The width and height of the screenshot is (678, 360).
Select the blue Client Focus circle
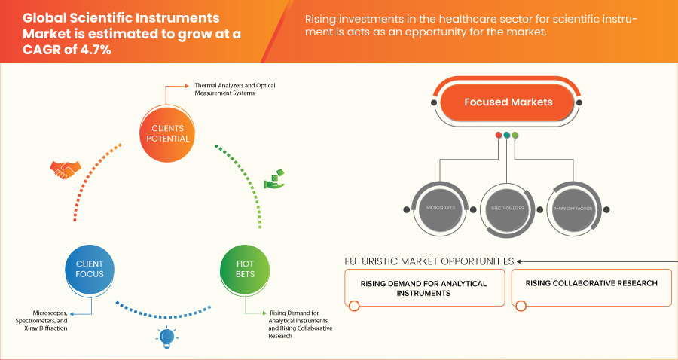tap(90, 269)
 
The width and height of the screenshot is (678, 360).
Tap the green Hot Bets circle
tap(245, 269)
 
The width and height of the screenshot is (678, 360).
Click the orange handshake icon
tap(63, 169)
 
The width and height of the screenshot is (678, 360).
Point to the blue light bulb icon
tap(166, 337)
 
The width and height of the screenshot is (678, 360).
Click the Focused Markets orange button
tap(508, 102)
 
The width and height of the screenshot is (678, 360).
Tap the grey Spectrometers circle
tap(506, 206)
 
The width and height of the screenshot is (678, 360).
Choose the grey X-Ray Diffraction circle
tap(575, 206)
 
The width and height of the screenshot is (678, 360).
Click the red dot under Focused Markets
tap(498, 135)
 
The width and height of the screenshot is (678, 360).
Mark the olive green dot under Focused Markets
tap(515, 135)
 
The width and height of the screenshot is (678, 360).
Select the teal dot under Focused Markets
tap(507, 135)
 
